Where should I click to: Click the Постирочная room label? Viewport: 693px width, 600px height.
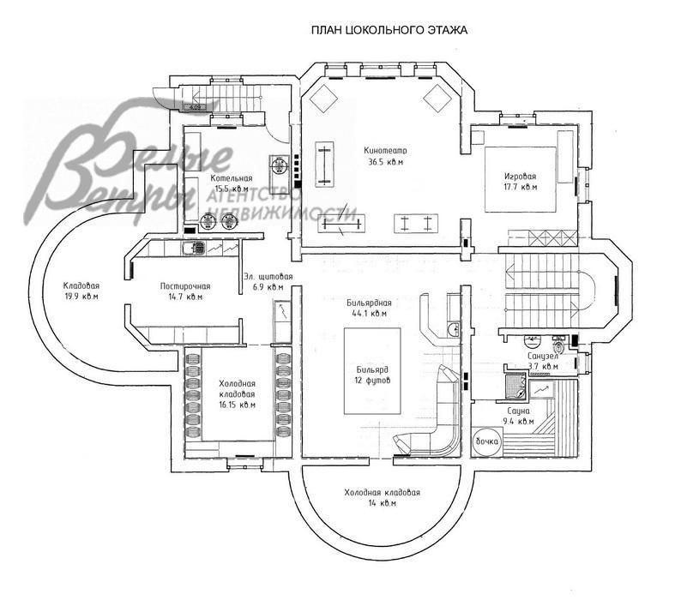185,286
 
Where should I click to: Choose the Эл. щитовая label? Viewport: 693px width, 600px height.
268,276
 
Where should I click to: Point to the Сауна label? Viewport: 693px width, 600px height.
520,411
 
